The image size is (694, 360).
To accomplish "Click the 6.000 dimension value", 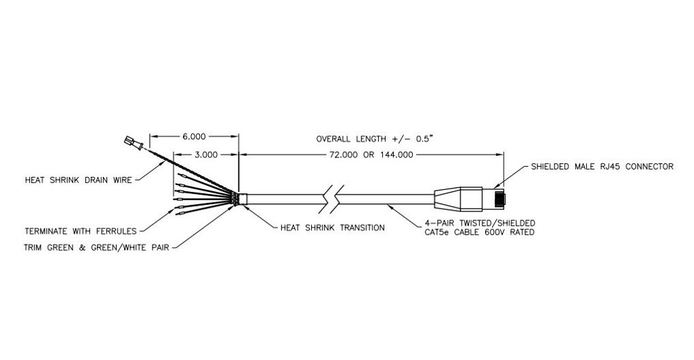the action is click(x=194, y=137).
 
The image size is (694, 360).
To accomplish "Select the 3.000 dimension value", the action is click(x=206, y=155).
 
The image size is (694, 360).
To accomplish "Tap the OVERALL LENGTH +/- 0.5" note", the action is click(x=374, y=138).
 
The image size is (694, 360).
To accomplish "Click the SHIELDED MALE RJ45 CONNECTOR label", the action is click(x=602, y=167).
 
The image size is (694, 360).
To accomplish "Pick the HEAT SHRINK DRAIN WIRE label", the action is click(x=79, y=180).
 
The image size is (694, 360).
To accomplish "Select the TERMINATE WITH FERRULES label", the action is click(x=81, y=231).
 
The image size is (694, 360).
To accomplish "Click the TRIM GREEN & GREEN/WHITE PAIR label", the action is click(x=96, y=247).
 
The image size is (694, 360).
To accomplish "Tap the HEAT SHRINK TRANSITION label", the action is click(x=332, y=228).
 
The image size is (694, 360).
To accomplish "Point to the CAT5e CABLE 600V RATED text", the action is click(x=477, y=232).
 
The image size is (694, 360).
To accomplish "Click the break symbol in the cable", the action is click(x=331, y=199).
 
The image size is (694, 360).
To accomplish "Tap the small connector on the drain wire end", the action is click(x=134, y=142).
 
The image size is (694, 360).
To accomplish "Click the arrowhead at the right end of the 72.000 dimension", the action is click(x=500, y=155).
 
